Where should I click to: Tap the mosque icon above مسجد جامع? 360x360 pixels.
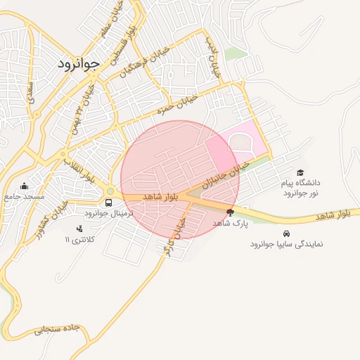[25, 186]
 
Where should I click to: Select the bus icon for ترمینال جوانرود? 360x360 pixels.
[108, 202]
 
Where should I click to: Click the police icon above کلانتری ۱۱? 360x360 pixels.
[79, 229]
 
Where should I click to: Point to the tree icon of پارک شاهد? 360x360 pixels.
[230, 212]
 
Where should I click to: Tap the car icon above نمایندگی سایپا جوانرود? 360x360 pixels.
[285, 233]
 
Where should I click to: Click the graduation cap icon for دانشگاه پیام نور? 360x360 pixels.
[300, 172]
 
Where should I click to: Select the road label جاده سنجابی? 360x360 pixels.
[58, 330]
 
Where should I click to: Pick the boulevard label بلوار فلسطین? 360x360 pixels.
[124, 44]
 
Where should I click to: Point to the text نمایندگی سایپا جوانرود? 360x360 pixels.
[285, 245]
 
